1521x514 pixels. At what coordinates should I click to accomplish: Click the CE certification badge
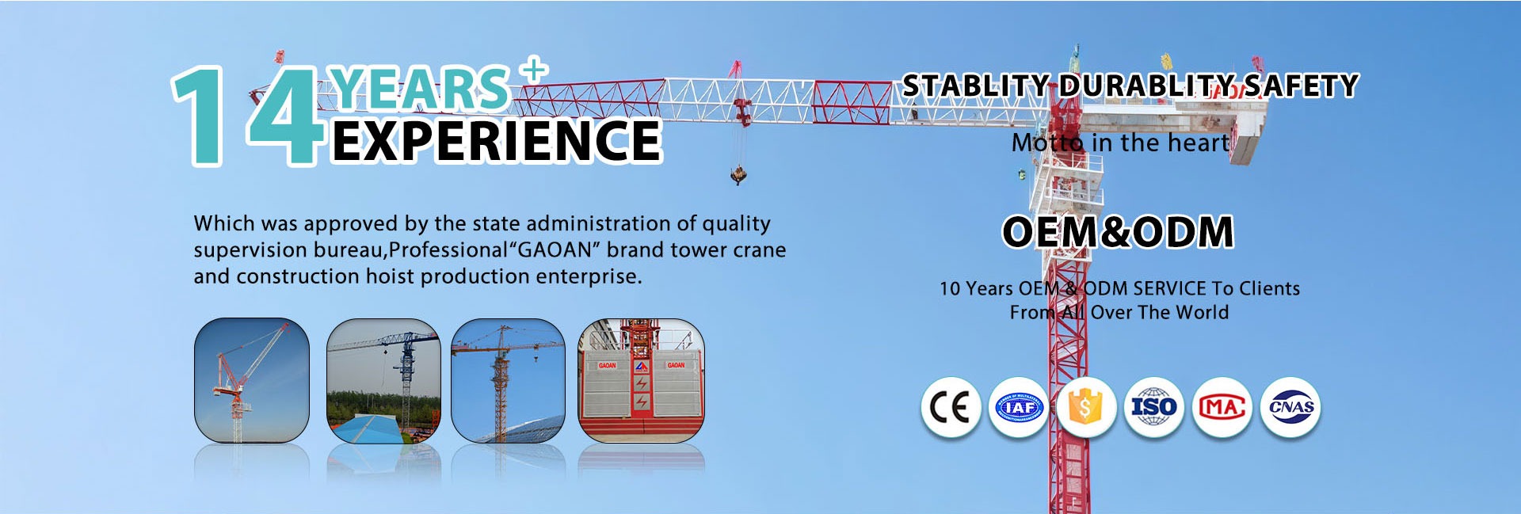951,408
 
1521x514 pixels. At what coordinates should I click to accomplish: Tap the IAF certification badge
1019,408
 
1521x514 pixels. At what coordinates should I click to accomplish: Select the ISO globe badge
1153,408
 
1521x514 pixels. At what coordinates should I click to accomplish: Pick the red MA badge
1222,408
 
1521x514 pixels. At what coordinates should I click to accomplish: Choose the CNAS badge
1290,408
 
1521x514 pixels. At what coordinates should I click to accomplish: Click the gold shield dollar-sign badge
1086,408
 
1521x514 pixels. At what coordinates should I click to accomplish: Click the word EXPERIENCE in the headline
497,141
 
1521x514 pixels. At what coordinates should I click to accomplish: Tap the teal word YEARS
421,87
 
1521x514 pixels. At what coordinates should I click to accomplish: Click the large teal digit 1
198,116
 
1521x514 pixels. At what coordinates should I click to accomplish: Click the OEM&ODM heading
1118,232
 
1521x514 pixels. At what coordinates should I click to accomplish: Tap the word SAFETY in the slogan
1301,86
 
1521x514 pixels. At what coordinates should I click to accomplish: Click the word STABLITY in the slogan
976,86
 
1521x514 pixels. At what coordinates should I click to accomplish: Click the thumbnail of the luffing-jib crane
252,380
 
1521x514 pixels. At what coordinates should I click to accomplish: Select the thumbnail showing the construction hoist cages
641,380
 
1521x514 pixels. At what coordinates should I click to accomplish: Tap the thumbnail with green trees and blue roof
383,380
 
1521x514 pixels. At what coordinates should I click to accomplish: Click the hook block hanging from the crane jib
738,174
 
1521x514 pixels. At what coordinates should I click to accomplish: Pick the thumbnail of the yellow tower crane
508,380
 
